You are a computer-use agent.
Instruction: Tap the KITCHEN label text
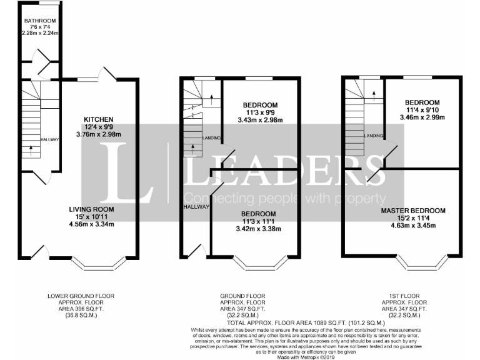click(99, 119)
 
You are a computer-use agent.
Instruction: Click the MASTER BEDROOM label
click(413, 210)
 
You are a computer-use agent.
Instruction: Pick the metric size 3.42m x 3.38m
click(259, 229)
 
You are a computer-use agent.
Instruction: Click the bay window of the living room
click(102, 263)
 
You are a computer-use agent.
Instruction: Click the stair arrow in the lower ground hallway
click(31, 149)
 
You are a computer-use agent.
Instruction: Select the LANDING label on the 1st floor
click(374, 136)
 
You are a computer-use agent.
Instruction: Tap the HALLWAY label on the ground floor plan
click(196, 207)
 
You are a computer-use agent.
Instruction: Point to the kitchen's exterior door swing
click(108, 74)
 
